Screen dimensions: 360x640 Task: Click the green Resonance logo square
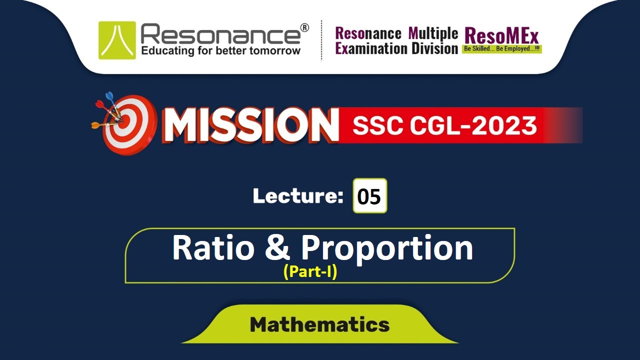117,40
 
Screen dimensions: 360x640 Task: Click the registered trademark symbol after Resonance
304,27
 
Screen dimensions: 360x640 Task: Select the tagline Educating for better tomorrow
220,50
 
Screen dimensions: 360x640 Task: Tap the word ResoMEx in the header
501,35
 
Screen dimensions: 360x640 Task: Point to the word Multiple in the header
433,33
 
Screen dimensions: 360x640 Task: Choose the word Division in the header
435,48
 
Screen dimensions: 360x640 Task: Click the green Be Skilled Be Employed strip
501,49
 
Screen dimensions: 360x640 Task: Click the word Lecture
295,196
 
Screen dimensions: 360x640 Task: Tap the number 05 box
369,196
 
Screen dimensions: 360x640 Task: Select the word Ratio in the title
212,247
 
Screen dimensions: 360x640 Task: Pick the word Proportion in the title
386,248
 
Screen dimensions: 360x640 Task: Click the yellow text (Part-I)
310,272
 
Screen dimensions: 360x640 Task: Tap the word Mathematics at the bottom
319,325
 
